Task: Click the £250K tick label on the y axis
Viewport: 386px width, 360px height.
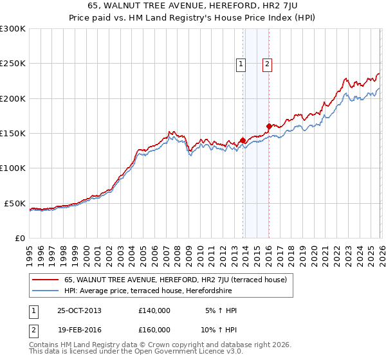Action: pos(13,64)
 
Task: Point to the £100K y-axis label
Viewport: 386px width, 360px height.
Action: pos(13,168)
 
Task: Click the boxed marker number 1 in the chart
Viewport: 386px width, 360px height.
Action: pos(241,63)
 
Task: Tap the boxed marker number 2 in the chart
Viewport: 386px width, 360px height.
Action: pos(266,63)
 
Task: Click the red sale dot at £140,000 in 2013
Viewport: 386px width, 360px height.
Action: pos(243,140)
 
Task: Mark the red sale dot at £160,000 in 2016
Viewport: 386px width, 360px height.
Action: pos(269,126)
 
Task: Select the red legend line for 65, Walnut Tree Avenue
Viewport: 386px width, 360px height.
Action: pos(46,280)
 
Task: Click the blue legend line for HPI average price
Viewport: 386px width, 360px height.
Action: pos(46,291)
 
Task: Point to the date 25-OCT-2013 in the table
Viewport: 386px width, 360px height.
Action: pos(79,310)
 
